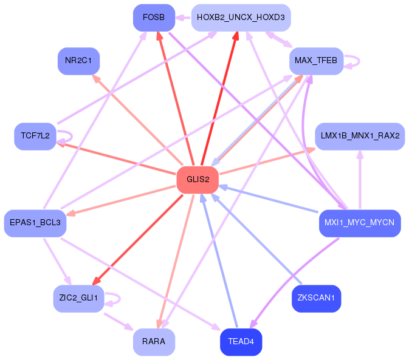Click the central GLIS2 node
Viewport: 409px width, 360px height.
point(198,180)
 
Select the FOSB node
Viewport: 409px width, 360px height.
point(154,18)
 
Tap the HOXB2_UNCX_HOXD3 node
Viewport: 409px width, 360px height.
point(241,18)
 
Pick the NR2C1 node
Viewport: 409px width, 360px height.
point(78,61)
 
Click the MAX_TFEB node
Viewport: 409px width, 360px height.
point(316,61)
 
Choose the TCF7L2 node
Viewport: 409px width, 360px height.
point(35,136)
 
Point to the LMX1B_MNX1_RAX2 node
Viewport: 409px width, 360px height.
point(360,136)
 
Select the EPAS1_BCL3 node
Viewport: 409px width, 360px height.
point(35,223)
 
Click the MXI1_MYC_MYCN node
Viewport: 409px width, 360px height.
point(360,223)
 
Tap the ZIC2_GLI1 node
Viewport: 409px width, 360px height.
point(78,299)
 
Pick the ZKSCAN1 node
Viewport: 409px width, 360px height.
point(316,299)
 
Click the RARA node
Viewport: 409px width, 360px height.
point(154,342)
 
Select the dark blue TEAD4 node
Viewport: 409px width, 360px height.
point(241,342)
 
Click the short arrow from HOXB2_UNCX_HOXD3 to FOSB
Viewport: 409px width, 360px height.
point(183,18)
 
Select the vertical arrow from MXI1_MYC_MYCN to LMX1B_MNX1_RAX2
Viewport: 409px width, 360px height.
point(360,180)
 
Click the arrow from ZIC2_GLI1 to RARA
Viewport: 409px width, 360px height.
point(119,322)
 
